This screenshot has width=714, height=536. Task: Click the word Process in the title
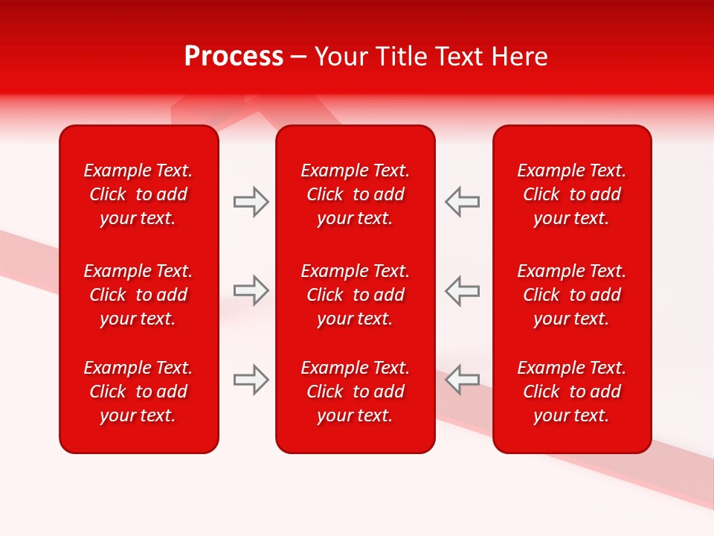[x=234, y=57]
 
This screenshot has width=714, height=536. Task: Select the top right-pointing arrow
[x=251, y=202]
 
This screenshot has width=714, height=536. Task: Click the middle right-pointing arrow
[x=251, y=290]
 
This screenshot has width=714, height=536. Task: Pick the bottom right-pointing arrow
[x=251, y=380]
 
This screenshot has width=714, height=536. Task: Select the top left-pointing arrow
[x=463, y=202]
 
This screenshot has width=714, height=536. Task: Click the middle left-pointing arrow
[x=463, y=290]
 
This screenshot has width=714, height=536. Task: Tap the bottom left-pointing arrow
[x=463, y=380]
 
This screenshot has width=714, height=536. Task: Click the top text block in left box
[x=138, y=194]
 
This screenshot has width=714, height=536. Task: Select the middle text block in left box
[x=138, y=295]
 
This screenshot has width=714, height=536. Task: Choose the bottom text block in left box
[x=138, y=392]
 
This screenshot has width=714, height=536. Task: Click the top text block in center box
[x=356, y=194]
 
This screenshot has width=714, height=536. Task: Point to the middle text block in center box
[x=356, y=295]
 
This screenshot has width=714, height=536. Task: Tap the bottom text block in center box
[x=356, y=392]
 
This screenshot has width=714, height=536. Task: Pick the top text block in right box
[x=572, y=194]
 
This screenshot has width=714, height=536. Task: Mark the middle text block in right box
[x=572, y=295]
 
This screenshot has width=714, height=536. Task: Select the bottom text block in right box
[x=572, y=392]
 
